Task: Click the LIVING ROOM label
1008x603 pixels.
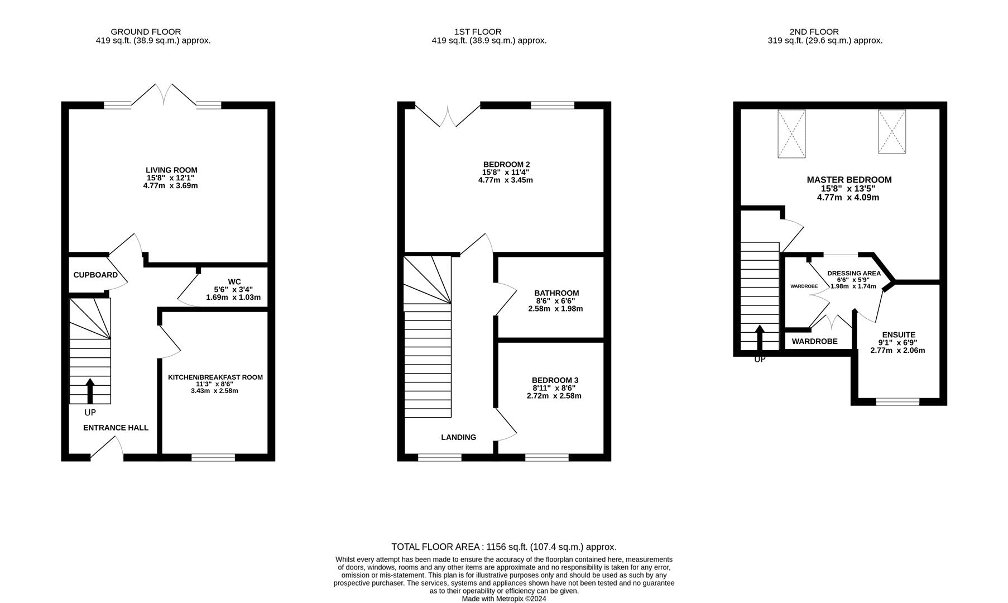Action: point(171,170)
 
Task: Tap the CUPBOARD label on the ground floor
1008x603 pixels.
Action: point(95,275)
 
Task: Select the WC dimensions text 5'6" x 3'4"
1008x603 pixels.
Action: point(233,289)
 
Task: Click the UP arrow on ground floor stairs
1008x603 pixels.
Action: point(90,390)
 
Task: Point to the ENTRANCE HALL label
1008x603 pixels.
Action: point(116,428)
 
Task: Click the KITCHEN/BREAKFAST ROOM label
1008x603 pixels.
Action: point(215,377)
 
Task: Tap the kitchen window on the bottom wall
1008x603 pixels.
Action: point(213,457)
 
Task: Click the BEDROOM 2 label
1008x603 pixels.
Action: point(506,164)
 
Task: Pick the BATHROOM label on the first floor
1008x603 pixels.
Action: point(556,293)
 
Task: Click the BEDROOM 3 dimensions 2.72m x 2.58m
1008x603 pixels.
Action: point(554,396)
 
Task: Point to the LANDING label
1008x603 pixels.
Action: point(458,437)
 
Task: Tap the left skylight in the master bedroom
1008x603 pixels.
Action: point(791,133)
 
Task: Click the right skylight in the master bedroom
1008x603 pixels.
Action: point(891,131)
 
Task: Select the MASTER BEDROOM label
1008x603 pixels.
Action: point(849,180)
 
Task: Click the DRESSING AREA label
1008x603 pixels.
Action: point(853,273)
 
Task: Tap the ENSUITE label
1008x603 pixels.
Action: point(898,334)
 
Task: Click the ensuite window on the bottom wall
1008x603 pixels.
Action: point(897,401)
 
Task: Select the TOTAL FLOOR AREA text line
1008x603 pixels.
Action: point(503,547)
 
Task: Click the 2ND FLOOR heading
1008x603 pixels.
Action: point(814,32)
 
